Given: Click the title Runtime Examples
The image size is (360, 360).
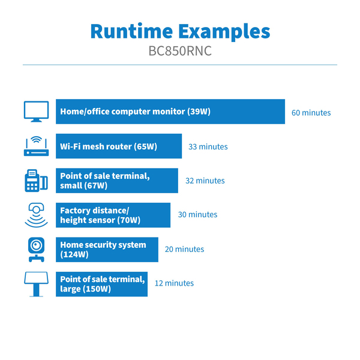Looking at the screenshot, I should pyautogui.click(x=180, y=31).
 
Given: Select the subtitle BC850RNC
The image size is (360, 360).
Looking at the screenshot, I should pyautogui.click(x=180, y=52).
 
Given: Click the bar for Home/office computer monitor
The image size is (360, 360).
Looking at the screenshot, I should pyautogui.click(x=170, y=112).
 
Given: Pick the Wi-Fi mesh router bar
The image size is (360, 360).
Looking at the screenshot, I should pyautogui.click(x=119, y=146).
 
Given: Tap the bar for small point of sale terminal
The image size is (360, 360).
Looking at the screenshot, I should pyautogui.click(x=117, y=181).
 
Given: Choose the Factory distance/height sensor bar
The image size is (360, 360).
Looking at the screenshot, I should pyautogui.click(x=113, y=215).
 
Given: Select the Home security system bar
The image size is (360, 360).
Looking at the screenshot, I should pyautogui.click(x=107, y=249).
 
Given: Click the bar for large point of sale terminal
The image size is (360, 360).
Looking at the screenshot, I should pyautogui.click(x=102, y=283).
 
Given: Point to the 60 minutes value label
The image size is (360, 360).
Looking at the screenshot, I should pyautogui.click(x=311, y=113).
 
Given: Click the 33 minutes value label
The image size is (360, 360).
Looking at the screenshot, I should pyautogui.click(x=208, y=146).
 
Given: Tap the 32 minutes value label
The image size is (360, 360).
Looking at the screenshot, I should pyautogui.click(x=205, y=181).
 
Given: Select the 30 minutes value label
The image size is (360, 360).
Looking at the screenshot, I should pyautogui.click(x=197, y=215).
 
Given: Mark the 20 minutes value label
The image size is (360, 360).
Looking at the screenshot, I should pyautogui.click(x=184, y=249).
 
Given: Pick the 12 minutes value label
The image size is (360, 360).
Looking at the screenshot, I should pyautogui.click(x=174, y=283).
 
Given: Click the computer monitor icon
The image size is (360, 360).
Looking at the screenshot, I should pyautogui.click(x=36, y=112).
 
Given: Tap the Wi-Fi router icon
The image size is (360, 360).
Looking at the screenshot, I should pyautogui.click(x=36, y=146).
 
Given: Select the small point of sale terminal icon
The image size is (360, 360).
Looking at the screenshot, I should pyautogui.click(x=36, y=181).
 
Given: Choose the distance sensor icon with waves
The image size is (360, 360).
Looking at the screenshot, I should pyautogui.click(x=36, y=215).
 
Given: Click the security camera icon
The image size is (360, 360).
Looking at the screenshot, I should pyautogui.click(x=36, y=249).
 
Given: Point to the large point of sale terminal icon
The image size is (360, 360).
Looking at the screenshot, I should pyautogui.click(x=36, y=283).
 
